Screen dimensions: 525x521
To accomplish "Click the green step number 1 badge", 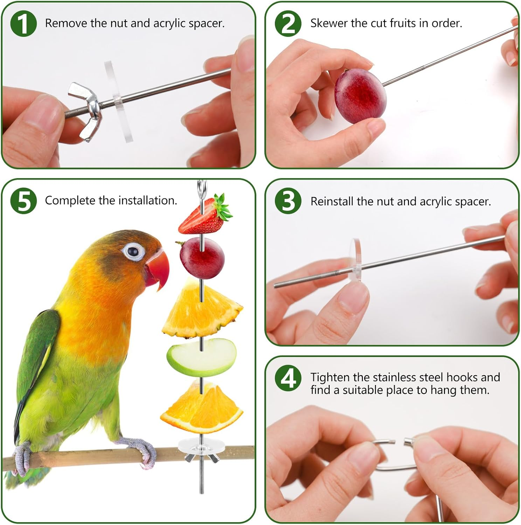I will click(x=23, y=23).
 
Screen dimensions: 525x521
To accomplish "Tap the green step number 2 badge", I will click(x=288, y=23).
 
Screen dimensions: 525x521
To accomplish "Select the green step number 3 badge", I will click(x=288, y=201).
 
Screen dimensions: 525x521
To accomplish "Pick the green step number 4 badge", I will click(x=288, y=378).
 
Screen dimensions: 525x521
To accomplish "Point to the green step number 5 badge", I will click(x=23, y=201).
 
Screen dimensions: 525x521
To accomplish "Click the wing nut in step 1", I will click(x=85, y=111).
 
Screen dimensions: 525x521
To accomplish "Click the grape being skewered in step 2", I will click(x=360, y=96).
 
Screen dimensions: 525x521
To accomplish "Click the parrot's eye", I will click(x=133, y=251).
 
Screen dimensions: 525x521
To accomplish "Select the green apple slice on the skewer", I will click(x=201, y=357).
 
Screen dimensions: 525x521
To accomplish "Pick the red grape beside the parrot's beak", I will click(x=202, y=258).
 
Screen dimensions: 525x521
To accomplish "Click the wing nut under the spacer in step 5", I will click(x=201, y=457).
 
